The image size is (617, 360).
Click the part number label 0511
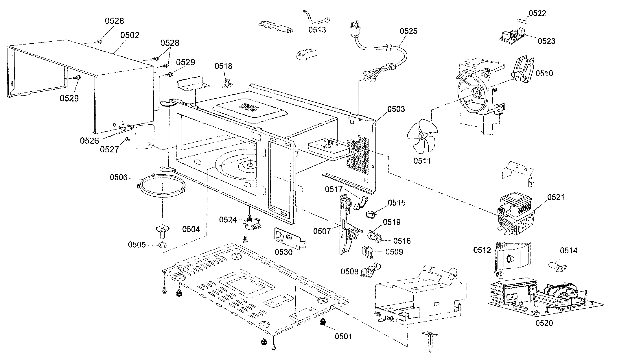pos(422,161)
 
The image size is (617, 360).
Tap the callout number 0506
pos(119,177)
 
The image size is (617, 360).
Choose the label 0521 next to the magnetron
pos(556,197)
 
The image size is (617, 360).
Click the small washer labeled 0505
pos(162,245)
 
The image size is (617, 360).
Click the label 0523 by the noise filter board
pos(546,41)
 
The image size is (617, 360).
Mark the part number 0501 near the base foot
pos(344,336)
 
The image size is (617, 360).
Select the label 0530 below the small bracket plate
pos(283,252)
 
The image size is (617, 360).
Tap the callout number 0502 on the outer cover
pos(130,35)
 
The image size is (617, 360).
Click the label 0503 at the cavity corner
pos(396,109)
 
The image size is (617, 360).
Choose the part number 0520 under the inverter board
pos(544,323)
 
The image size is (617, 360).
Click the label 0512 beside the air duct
pos(482,250)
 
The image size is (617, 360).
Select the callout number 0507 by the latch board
pos(322,231)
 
